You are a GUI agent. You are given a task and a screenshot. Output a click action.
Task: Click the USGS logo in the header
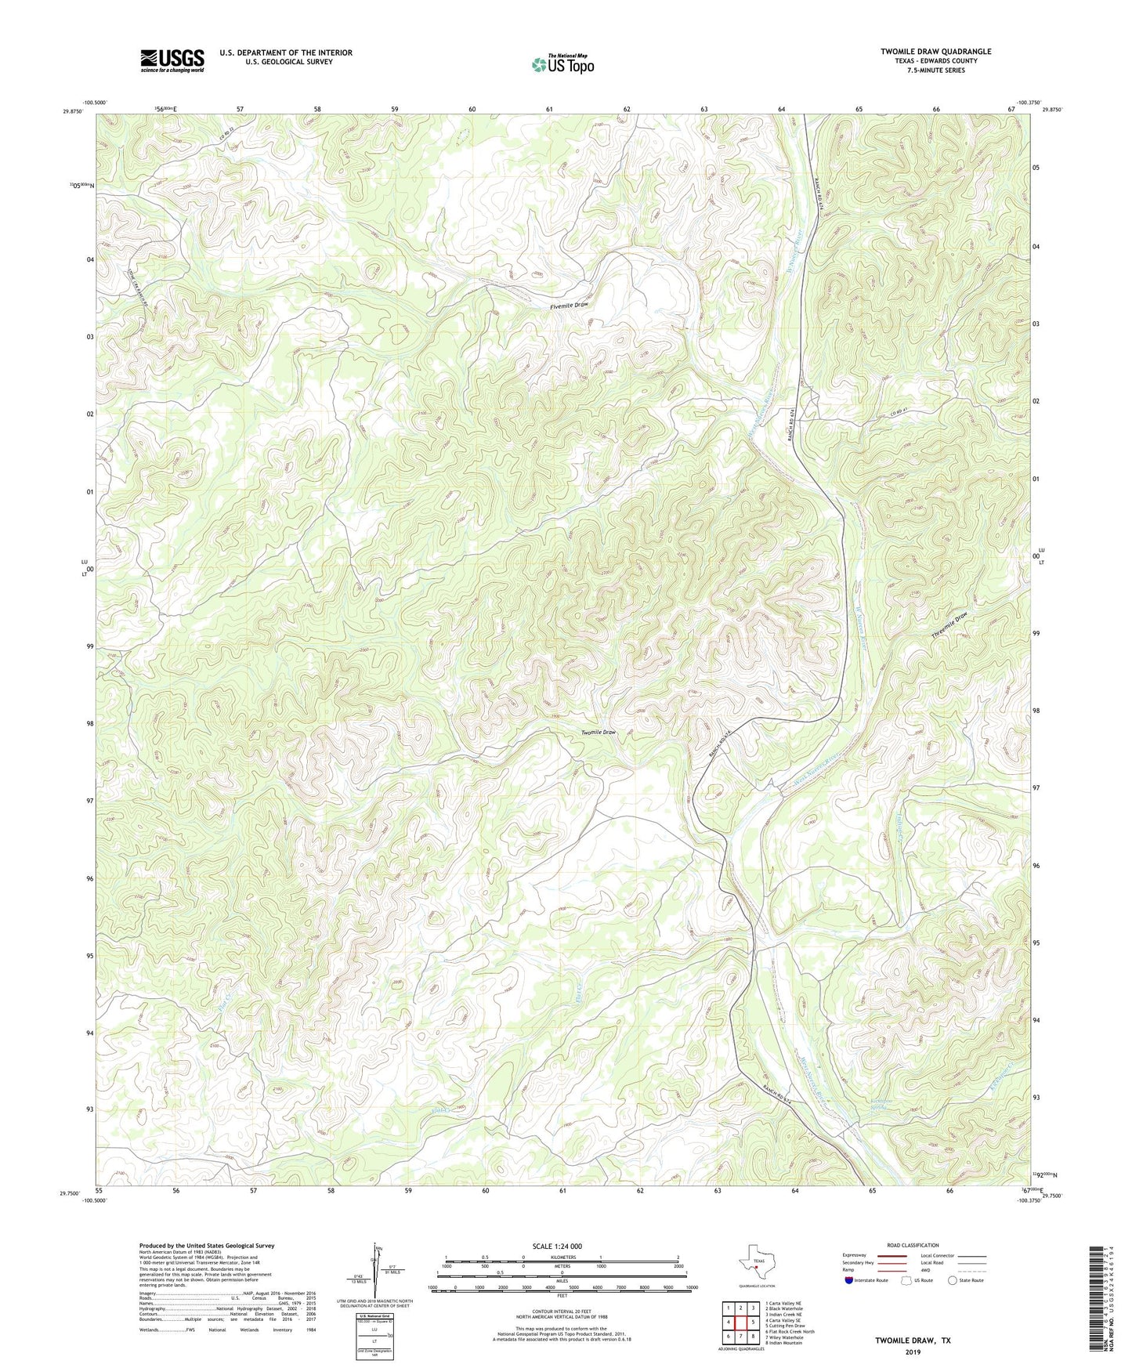(172, 60)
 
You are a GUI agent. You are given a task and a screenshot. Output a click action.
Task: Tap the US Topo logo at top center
(562, 64)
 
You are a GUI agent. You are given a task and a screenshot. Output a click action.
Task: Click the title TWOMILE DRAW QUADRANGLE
(935, 52)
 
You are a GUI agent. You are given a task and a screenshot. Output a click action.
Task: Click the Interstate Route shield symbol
(850, 1280)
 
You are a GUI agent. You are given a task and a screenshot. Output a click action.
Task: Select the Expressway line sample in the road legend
(894, 1255)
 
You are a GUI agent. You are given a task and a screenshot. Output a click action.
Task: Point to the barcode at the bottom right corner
(1097, 1301)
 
